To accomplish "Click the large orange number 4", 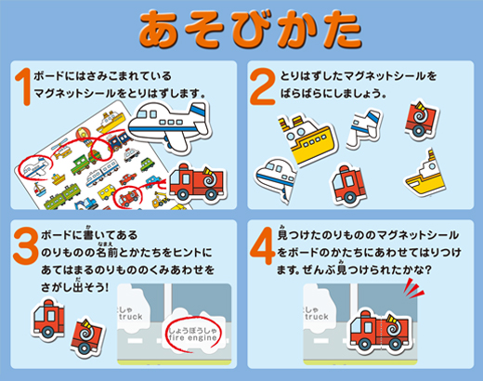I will [x=264, y=243].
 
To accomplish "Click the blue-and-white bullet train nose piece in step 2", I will [x=282, y=177].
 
